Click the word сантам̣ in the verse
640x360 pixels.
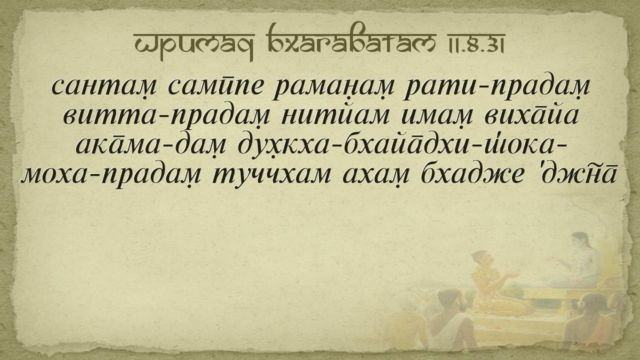click(104, 87)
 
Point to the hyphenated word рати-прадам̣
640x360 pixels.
click(495, 88)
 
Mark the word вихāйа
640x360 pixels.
click(531, 115)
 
